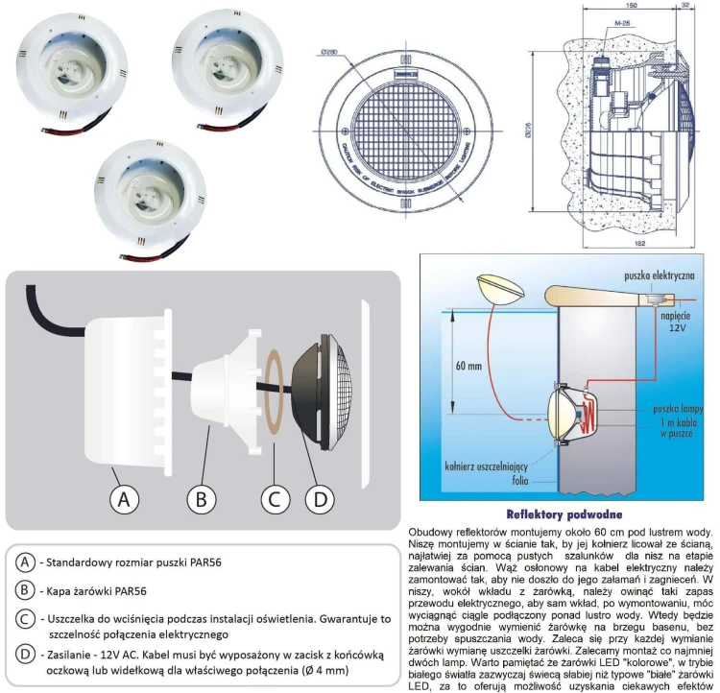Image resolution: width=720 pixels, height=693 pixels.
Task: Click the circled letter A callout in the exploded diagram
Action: pyautogui.click(x=121, y=499)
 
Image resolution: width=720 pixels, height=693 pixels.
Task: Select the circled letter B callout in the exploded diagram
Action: pyautogui.click(x=200, y=499)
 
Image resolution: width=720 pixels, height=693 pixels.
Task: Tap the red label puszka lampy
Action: pyautogui.click(x=668, y=407)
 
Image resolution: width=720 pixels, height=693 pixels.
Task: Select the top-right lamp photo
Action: pyautogui.click(x=227, y=65)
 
